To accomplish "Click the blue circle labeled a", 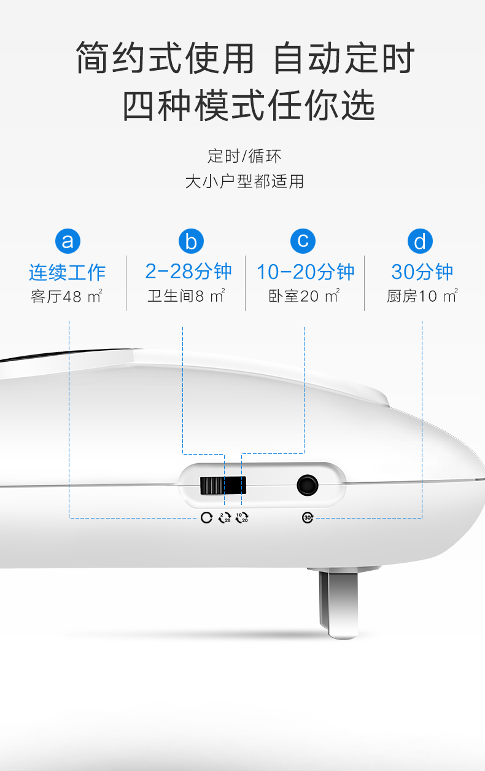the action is tap(68, 241).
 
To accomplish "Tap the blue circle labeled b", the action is tap(190, 241).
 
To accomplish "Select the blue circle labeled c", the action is tap(303, 241).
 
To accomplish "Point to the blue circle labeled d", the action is tap(420, 241).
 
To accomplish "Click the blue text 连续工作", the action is tap(68, 272).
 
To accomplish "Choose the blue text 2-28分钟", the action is tap(188, 272).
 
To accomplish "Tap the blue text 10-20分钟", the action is tap(305, 272).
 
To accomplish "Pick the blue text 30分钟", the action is tap(422, 272).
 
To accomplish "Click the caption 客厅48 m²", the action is tap(66, 297).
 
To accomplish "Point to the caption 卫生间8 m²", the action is tap(186, 296).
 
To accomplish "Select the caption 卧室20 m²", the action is tap(304, 296).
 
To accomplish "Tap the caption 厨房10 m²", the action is tap(422, 296).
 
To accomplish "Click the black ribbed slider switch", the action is tap(222, 485).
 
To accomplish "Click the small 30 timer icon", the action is tap(308, 517).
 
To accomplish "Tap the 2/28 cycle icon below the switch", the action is tap(225, 517).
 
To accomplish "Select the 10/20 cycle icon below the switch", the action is tap(242, 517).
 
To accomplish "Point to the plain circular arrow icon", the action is tap(206, 517).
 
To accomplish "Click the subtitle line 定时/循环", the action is tap(244, 156).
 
